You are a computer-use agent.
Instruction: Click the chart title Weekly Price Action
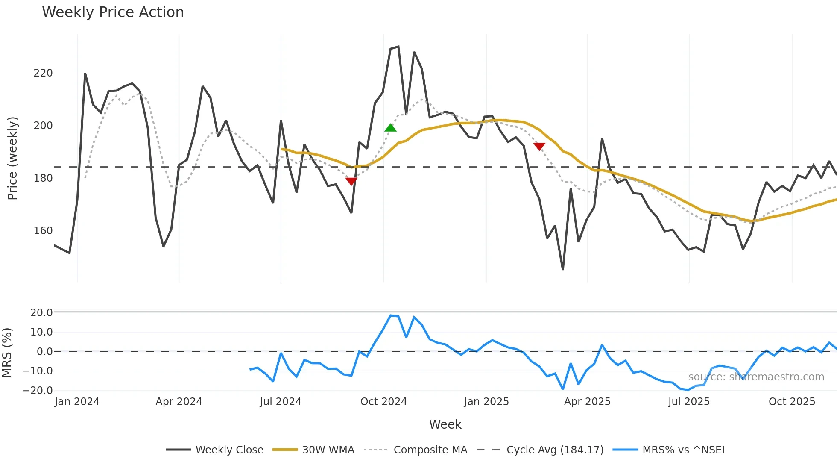pos(113,12)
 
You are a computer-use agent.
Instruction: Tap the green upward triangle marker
pos(390,128)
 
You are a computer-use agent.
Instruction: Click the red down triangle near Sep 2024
pos(351,181)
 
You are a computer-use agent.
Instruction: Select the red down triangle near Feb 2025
pos(539,147)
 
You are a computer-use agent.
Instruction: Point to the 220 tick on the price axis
pos(43,73)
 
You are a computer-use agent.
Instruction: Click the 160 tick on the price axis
pos(43,231)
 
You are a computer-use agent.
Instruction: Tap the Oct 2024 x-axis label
pos(383,402)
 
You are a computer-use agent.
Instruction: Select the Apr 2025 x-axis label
pos(587,402)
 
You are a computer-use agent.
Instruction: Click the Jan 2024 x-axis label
pos(77,402)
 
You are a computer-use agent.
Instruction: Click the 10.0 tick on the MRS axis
pos(41,332)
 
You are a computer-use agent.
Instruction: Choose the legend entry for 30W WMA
pos(328,450)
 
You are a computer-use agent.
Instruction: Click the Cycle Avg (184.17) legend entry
pos(555,450)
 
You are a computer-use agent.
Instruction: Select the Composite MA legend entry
pos(430,450)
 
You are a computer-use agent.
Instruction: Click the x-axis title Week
pos(445,424)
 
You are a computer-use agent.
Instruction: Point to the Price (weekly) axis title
pos(12,158)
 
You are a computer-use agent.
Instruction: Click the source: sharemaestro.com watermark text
pos(756,377)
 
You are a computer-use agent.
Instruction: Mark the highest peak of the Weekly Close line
pos(398,47)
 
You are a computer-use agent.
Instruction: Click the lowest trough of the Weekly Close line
pos(563,269)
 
